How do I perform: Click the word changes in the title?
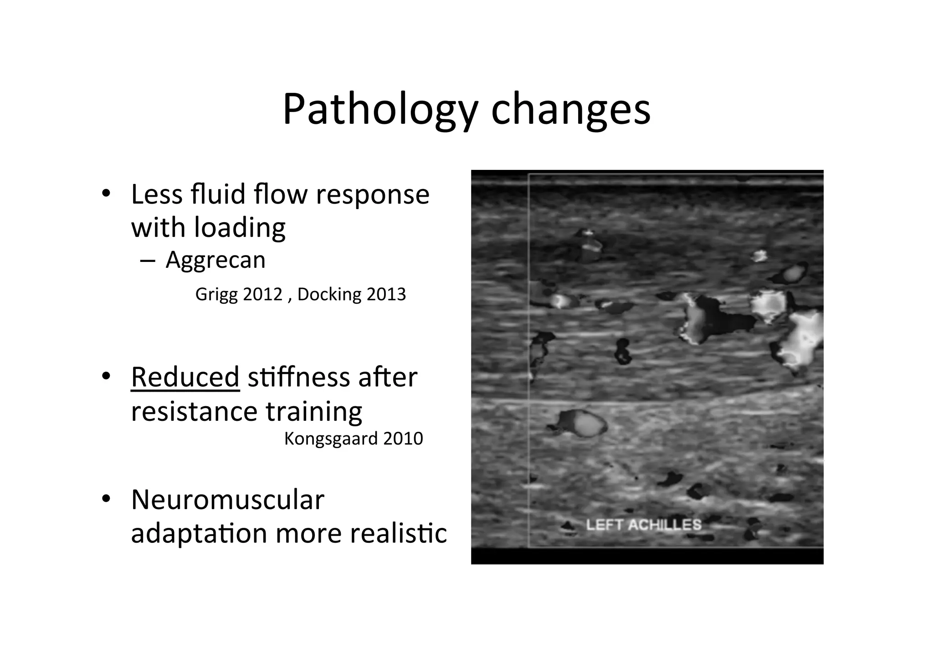coord(570,109)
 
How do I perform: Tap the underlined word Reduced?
coord(185,377)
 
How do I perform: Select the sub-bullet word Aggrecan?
coord(215,260)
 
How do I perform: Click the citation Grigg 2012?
coord(239,294)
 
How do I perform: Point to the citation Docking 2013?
coord(351,294)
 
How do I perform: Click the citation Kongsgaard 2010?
coord(354,439)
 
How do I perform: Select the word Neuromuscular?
coord(228,499)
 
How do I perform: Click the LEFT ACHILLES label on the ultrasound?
coord(643,525)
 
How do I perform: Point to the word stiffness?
coord(297,377)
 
